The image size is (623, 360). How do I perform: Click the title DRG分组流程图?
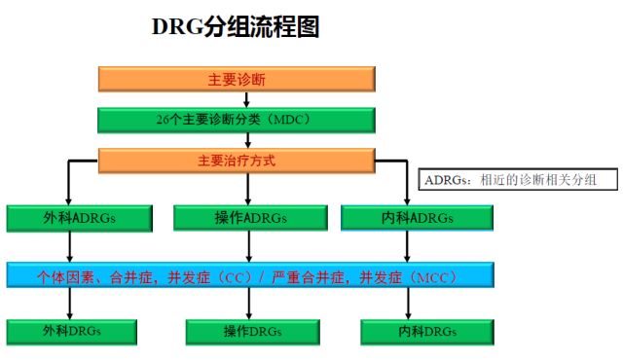coord(236,27)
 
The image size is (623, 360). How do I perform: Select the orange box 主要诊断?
coord(236,80)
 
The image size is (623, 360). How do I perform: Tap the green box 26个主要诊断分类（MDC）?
coord(236,120)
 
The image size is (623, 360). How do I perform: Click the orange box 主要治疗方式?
coord(236,161)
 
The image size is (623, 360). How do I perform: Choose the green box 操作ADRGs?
coord(237,218)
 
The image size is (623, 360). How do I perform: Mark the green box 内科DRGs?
coord(407,332)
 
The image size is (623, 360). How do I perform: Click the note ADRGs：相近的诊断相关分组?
coord(518,179)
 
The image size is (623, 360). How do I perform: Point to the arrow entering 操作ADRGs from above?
coord(236,190)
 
